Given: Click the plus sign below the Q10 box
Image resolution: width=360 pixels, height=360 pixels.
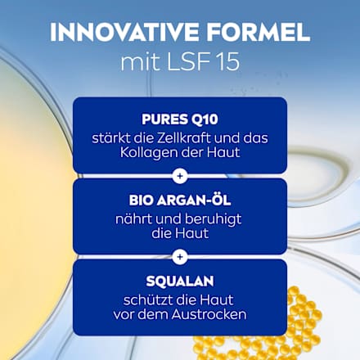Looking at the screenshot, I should pos(180,174).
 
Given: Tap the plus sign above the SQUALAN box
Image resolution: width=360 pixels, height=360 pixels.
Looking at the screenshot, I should pos(180,256).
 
